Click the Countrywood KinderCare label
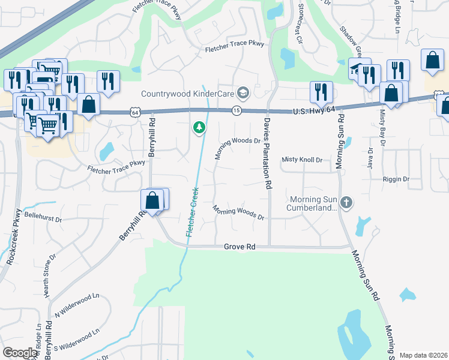(187, 94)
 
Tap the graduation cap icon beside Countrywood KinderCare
(243, 93)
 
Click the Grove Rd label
(240, 247)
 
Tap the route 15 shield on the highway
(237, 110)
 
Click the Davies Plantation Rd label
(265, 154)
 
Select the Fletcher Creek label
(194, 211)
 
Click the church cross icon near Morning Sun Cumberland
(346, 203)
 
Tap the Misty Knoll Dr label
(302, 160)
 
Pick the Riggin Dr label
(396, 179)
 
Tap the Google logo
(20, 353)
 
